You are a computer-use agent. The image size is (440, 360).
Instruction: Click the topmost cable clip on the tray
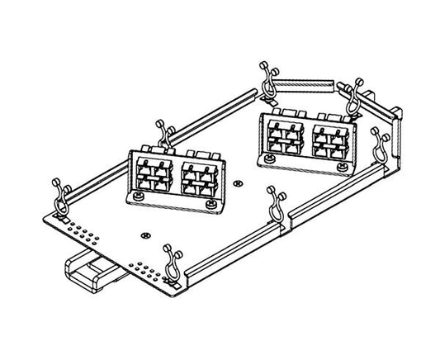(x=266, y=76)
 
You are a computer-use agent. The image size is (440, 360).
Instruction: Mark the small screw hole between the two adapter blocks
(x=238, y=182)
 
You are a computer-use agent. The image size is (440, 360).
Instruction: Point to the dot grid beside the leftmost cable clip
(x=73, y=223)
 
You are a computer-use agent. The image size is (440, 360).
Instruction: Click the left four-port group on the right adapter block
(x=286, y=135)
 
